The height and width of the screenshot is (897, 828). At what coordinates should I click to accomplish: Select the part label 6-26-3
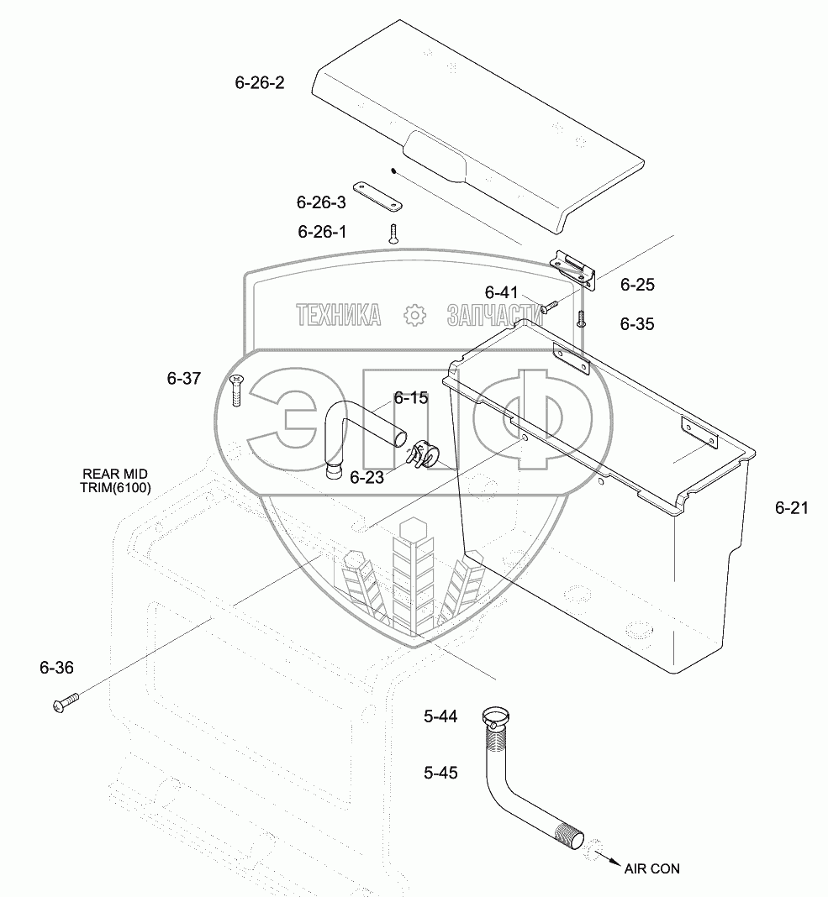click(x=321, y=202)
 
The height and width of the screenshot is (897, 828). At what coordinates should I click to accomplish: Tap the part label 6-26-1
click(x=321, y=231)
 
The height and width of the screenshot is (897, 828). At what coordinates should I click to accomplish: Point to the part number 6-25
click(x=637, y=285)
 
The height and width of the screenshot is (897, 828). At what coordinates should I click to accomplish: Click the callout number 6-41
click(x=502, y=292)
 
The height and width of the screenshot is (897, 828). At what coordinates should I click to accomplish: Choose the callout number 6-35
click(x=637, y=323)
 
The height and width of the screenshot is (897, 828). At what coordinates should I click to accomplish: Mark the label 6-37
click(x=183, y=379)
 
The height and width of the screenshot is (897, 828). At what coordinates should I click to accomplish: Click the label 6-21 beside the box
click(x=791, y=507)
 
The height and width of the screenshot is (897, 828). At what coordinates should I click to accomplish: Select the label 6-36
click(x=56, y=668)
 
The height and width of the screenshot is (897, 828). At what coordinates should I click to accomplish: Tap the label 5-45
click(x=440, y=773)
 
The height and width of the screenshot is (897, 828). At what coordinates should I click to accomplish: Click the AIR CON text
click(x=651, y=869)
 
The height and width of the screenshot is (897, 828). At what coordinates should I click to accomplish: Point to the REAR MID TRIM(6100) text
click(x=116, y=480)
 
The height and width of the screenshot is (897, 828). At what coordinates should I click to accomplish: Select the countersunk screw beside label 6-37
click(x=236, y=391)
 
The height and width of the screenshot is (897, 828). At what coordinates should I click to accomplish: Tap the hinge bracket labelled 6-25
click(x=574, y=270)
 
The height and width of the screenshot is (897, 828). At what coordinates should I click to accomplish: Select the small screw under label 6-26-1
click(x=393, y=234)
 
